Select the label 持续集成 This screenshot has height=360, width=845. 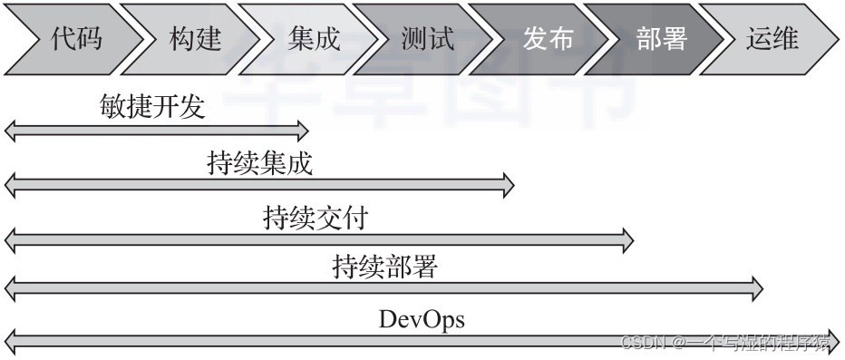click(260, 164)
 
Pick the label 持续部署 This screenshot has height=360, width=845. click(384, 268)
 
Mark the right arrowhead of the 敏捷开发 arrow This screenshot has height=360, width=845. click(302, 131)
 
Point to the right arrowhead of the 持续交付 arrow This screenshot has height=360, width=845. click(626, 239)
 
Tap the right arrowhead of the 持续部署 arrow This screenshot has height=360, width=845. click(756, 290)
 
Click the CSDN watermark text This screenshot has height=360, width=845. click(725, 343)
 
